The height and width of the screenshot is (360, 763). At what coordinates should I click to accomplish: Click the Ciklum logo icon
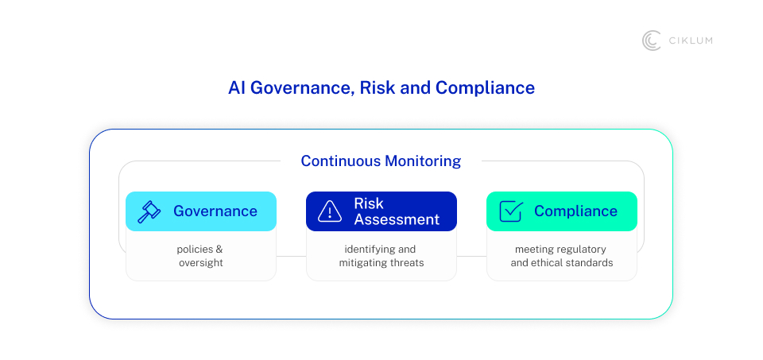(651, 41)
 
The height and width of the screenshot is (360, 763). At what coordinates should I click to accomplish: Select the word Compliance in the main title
(485, 88)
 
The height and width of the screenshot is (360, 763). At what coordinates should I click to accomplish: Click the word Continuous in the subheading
(341, 161)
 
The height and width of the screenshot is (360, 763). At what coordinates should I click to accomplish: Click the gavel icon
(149, 211)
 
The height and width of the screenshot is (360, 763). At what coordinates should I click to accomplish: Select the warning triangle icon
(329, 211)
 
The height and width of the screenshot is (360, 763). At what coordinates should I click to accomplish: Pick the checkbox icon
(511, 211)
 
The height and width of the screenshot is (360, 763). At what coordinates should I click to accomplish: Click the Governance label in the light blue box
(215, 211)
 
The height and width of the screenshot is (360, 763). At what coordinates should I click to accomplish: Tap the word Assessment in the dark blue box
(397, 219)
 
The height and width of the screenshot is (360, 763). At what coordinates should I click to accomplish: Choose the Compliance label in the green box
(575, 211)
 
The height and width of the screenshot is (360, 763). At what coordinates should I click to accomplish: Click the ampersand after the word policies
(219, 250)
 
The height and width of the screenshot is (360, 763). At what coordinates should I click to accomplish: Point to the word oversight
(201, 263)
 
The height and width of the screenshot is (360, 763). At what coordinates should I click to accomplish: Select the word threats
(409, 263)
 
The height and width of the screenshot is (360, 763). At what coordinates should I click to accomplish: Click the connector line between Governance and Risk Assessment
(291, 257)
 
